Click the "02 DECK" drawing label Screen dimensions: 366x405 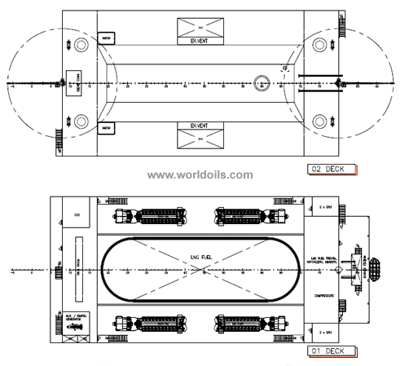[x=334, y=169]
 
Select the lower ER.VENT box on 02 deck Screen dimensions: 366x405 [x=200, y=134]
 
